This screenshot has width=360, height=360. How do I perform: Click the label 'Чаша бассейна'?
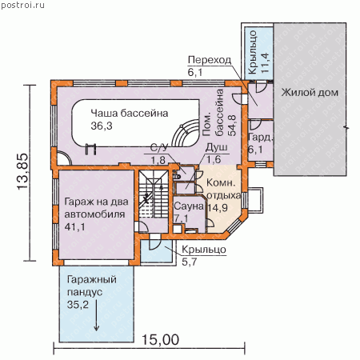[x=130, y=114]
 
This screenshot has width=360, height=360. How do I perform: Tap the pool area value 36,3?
[x=102, y=126]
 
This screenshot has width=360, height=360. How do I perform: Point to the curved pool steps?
[x=186, y=133]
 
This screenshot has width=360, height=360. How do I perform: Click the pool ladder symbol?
[x=90, y=149]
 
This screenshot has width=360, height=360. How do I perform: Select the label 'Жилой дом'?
[x=310, y=93]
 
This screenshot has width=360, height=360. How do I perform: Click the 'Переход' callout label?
[x=210, y=60]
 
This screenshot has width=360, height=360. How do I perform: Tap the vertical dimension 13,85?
[x=22, y=171]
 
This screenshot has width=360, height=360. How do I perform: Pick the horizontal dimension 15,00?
[x=160, y=340]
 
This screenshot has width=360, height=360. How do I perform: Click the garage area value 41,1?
[x=75, y=226]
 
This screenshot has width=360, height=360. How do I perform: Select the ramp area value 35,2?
[x=78, y=304]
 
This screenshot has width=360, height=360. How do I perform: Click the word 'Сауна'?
[x=189, y=206]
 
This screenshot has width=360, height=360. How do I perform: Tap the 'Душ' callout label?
[x=217, y=147]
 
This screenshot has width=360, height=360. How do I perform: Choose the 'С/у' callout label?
[x=159, y=147]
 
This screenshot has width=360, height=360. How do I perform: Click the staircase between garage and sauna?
[x=154, y=194]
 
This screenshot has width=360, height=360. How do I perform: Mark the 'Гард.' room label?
[x=260, y=138]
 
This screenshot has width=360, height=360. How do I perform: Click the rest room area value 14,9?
[x=218, y=207]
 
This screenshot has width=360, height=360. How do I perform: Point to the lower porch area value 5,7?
[x=189, y=262]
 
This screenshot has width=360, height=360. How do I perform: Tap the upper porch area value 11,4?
[x=265, y=63]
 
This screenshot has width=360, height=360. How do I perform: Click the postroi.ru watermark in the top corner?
[x=23, y=5]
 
